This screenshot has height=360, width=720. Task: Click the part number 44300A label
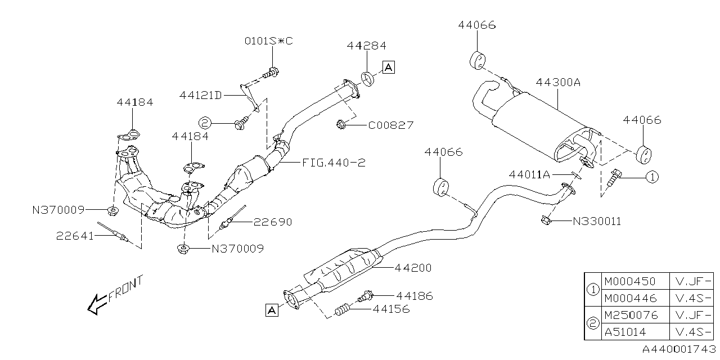click(x=557, y=82)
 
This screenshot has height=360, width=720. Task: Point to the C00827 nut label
click(x=391, y=125)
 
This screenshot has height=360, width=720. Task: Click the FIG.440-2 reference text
click(x=334, y=163)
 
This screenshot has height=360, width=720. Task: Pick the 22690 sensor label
click(x=273, y=222)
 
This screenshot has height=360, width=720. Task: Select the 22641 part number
click(x=75, y=236)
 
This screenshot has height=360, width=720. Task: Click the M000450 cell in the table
click(x=629, y=281)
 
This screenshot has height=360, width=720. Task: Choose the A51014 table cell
click(x=625, y=331)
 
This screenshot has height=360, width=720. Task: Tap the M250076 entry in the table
click(x=630, y=314)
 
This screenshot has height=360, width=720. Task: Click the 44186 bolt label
click(x=415, y=295)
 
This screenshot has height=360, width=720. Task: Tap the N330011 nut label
click(x=597, y=221)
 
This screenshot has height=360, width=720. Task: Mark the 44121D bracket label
click(x=200, y=95)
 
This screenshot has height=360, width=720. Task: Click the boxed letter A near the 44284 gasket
click(x=389, y=67)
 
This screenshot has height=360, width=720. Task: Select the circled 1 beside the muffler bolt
click(x=651, y=177)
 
